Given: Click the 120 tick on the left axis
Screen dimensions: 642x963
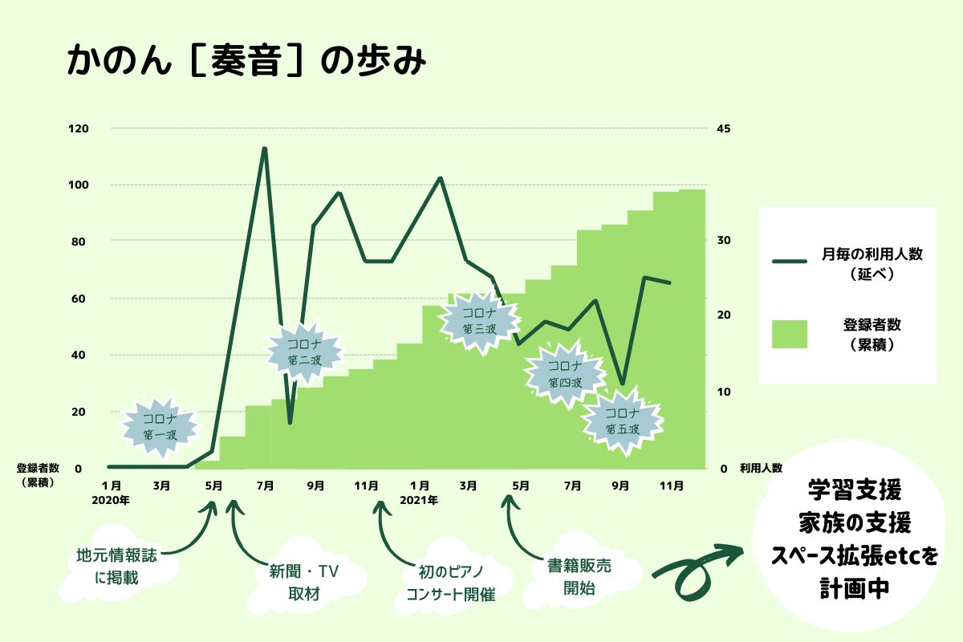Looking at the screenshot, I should [79, 128].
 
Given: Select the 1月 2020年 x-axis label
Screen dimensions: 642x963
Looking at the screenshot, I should [112, 492].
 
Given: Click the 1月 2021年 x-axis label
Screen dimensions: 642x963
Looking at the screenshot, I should [419, 492].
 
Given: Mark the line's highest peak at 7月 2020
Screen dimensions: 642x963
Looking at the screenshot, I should [264, 149].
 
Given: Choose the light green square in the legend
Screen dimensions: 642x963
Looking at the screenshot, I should [790, 334].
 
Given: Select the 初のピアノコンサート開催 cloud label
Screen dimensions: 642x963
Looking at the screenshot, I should [450, 583].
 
